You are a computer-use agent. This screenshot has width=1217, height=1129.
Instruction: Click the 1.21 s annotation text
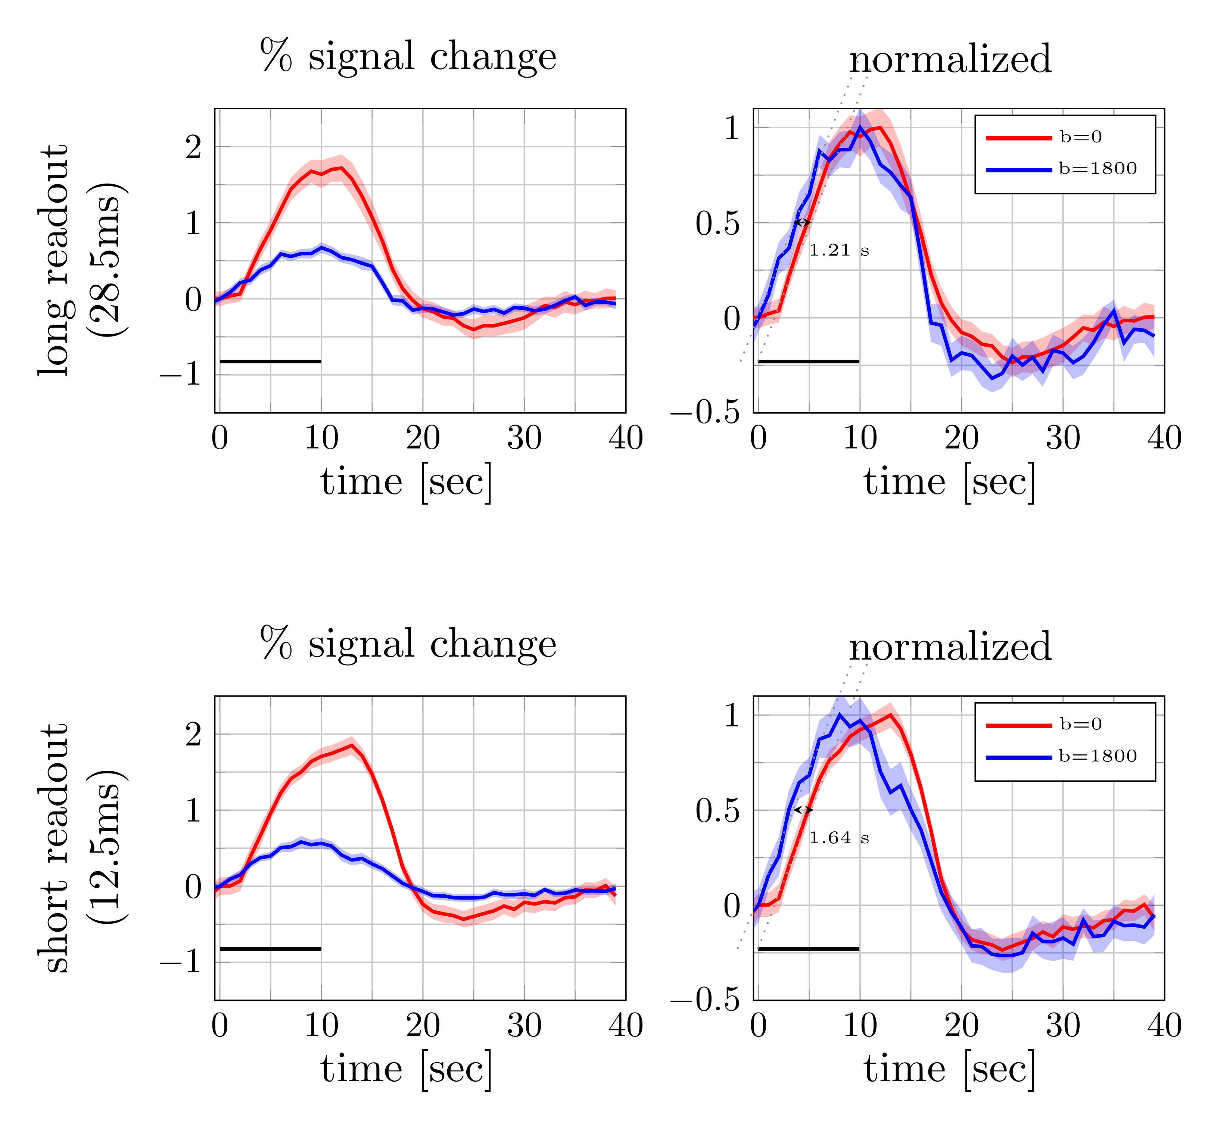[x=838, y=250]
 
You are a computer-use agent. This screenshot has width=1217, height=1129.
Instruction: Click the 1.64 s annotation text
[x=838, y=838]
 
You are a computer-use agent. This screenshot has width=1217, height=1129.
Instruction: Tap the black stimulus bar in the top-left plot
[x=270, y=361]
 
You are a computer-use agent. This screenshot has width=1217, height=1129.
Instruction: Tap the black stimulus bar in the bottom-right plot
[x=808, y=949]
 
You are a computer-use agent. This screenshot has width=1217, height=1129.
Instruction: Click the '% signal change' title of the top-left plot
[x=408, y=57]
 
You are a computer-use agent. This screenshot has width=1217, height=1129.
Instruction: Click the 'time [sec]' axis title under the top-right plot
[x=949, y=482]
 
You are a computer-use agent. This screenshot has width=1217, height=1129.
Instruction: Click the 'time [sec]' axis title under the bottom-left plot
[x=406, y=1070]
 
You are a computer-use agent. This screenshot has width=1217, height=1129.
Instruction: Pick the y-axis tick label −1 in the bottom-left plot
[x=181, y=962]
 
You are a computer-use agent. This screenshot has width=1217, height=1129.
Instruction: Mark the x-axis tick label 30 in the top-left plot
[x=524, y=438]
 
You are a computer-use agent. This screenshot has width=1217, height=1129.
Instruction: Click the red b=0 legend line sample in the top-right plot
[x=1019, y=138]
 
